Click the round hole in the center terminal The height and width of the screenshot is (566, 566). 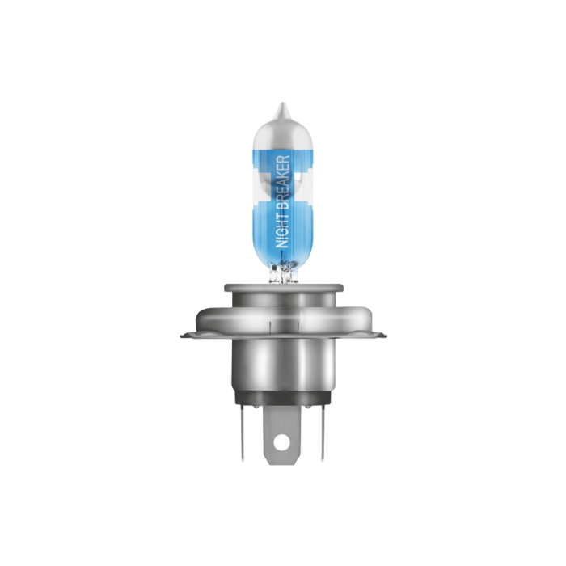282,441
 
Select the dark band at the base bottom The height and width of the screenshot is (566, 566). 282,395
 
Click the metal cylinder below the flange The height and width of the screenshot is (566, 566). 282,360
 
